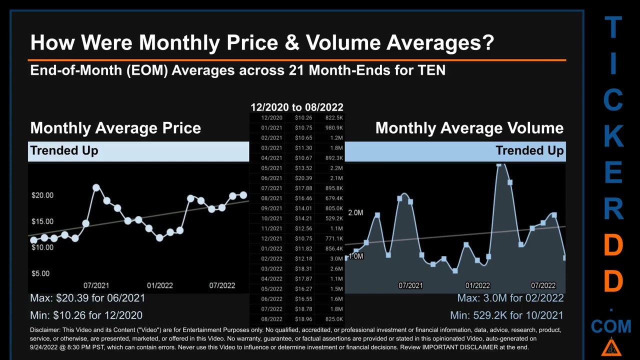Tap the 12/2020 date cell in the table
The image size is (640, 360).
[271, 118]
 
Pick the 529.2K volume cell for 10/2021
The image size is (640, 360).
[333, 218]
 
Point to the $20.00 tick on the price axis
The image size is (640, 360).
[42, 195]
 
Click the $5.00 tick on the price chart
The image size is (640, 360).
[41, 273]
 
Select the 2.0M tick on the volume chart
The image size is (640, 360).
[355, 212]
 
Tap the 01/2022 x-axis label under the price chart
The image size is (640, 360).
[159, 285]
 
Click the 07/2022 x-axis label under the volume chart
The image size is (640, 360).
[543, 285]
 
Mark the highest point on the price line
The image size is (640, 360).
[96, 188]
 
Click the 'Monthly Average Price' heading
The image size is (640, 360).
[115, 128]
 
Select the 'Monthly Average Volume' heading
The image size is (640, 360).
[469, 128]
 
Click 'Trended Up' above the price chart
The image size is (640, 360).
[64, 150]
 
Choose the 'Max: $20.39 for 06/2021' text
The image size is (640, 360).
[87, 298]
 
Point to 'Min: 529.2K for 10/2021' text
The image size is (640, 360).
[506, 315]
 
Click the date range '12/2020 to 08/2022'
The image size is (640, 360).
[296, 107]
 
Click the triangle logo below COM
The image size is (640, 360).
[611, 347]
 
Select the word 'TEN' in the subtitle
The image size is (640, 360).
[431, 70]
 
